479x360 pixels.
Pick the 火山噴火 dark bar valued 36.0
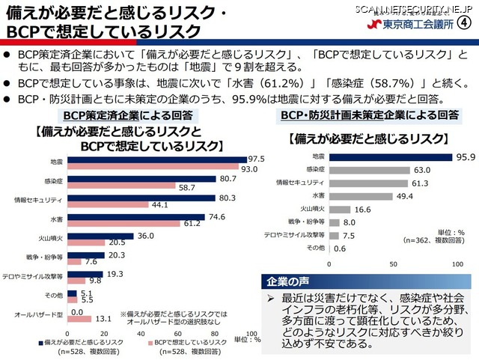[100, 237]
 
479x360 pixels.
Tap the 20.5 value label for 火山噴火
[117, 243]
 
